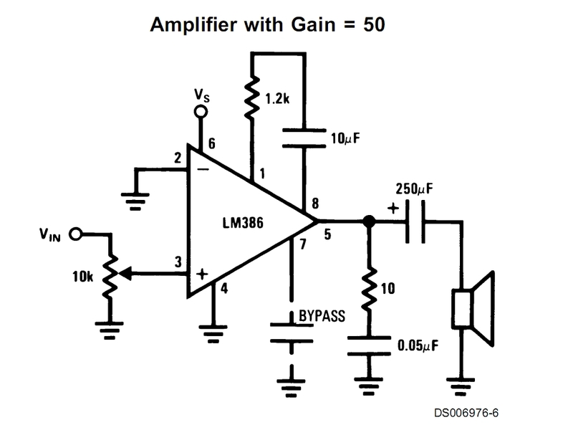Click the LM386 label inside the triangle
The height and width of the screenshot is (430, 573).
click(243, 223)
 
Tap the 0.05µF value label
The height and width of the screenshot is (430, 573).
click(418, 347)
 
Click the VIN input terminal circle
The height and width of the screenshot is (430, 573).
click(77, 234)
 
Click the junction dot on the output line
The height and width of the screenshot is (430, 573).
click(369, 222)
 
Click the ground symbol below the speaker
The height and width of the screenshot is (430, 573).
click(461, 388)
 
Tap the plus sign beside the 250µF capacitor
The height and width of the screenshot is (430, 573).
click(393, 209)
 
